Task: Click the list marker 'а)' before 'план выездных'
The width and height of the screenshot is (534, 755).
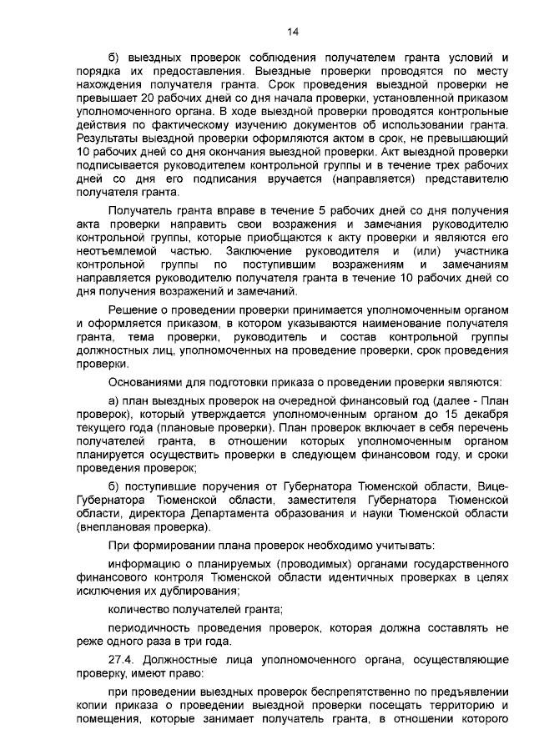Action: click(117, 402)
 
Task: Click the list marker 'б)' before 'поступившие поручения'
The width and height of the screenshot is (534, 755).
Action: click(117, 486)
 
